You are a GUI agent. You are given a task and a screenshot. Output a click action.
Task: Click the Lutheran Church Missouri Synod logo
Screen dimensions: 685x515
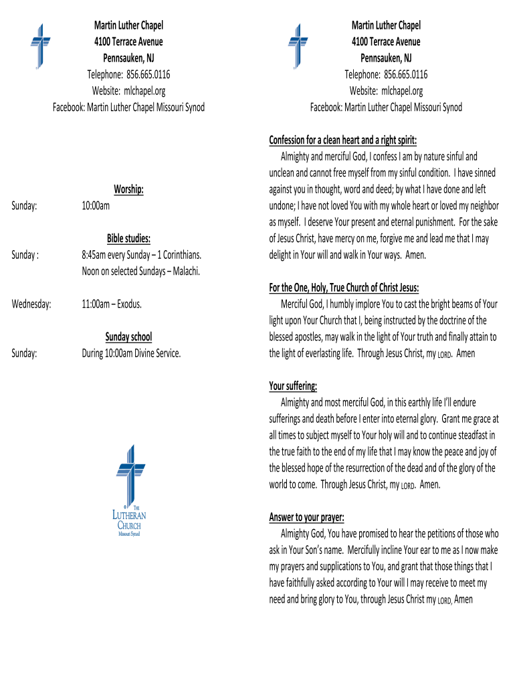pyautogui.click(x=128, y=491)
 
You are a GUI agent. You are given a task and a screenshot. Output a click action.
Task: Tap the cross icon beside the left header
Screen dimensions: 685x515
pyautogui.click(x=41, y=45)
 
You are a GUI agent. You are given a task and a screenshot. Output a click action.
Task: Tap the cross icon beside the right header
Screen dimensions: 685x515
pyautogui.click(x=298, y=45)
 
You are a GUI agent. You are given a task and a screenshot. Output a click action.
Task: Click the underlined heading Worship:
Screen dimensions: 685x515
pyautogui.click(x=128, y=190)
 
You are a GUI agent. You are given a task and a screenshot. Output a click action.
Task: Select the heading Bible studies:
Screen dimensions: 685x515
pyautogui.click(x=128, y=239)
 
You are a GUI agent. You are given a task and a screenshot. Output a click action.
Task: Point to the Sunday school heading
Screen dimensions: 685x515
pyautogui.click(x=128, y=336)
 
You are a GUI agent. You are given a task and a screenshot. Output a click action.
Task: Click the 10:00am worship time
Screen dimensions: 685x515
pyautogui.click(x=96, y=206)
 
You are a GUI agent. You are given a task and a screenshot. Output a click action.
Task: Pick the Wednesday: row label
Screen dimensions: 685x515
pyautogui.click(x=31, y=304)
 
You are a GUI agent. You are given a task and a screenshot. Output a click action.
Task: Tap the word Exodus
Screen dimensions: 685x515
pyautogui.click(x=130, y=304)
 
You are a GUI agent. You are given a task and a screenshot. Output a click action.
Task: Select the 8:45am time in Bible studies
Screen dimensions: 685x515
pyautogui.click(x=96, y=255)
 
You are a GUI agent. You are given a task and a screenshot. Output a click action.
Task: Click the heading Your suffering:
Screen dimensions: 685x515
pyautogui.click(x=293, y=386)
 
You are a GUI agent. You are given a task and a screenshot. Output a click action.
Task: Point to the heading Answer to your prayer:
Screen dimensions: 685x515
pyautogui.click(x=306, y=517)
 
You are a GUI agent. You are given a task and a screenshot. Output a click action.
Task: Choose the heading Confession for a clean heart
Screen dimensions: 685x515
pyautogui.click(x=342, y=140)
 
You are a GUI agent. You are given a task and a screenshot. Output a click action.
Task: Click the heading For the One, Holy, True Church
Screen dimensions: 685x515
pyautogui.click(x=344, y=288)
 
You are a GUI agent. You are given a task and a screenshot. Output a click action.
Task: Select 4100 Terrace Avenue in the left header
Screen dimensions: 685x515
pyautogui.click(x=128, y=41)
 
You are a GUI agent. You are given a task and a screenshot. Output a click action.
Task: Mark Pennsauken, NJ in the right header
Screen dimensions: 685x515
pyautogui.click(x=386, y=58)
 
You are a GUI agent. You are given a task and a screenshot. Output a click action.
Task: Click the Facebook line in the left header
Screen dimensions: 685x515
pyautogui.click(x=128, y=107)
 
